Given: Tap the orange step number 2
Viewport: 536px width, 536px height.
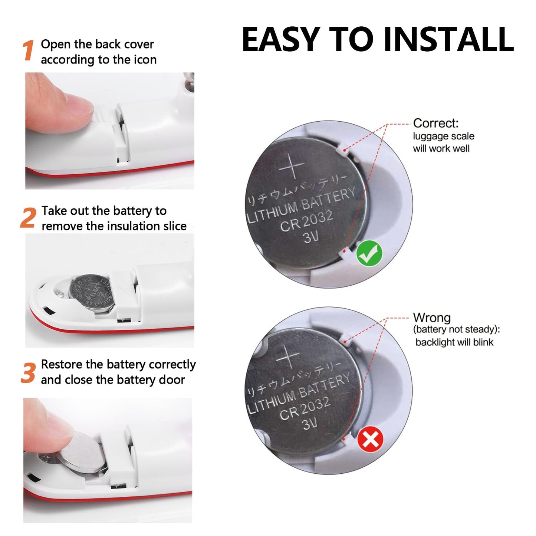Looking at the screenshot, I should (28, 218).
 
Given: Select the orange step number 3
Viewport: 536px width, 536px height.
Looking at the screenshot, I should (28, 372).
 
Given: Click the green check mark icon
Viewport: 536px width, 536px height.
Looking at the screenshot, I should (369, 253).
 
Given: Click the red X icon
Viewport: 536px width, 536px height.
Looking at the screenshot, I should (370, 440).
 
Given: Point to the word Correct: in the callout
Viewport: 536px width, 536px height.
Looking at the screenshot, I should (435, 123).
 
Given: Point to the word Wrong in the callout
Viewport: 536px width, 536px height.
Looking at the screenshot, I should (432, 318).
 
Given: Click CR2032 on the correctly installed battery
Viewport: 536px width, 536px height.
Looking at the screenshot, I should (306, 221).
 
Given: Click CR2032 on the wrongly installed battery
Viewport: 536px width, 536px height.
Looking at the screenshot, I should (305, 408).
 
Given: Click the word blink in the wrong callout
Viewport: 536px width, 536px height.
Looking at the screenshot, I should (483, 342).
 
